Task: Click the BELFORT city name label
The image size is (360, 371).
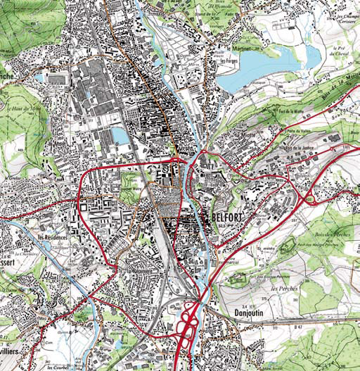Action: click(x=226, y=218)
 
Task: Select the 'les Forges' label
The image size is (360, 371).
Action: click(x=226, y=61)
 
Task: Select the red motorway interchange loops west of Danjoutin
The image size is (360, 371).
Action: click(x=188, y=325)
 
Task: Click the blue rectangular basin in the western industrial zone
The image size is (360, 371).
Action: click(x=120, y=135)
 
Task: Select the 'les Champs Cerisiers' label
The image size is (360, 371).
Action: click(x=343, y=17)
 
